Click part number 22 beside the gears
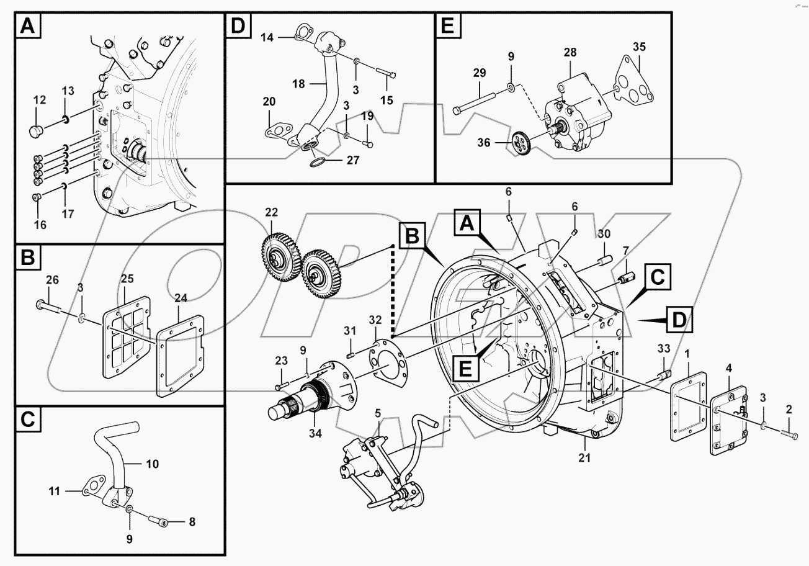pyautogui.click(x=271, y=212)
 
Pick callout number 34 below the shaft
pyautogui.click(x=315, y=433)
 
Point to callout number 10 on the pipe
pyautogui.click(x=152, y=463)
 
